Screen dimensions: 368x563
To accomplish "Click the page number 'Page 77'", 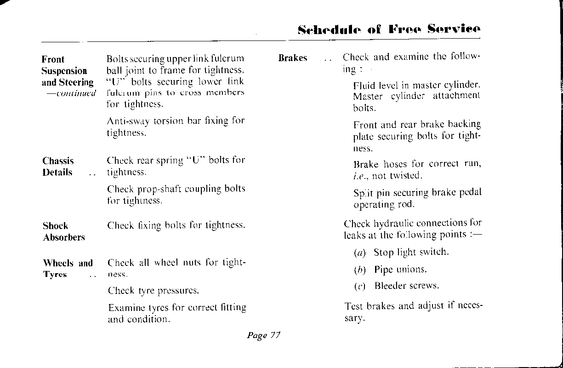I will pos(263,335).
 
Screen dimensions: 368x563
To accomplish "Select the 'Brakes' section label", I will pos(293,58).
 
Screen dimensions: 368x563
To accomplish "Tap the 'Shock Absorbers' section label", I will pos(64,232).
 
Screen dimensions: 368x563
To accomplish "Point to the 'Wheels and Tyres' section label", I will pos(68,269).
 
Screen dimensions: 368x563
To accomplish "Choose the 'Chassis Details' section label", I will pos(58,167).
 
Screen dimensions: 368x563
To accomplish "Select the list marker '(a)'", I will pos(359,253).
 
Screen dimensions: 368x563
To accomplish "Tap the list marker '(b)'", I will pos(359,270).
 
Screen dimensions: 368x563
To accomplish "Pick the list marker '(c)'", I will pos(359,286).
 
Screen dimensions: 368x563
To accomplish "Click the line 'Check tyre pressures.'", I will pos(154,291).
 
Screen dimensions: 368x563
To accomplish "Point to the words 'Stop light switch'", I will pos(411,252).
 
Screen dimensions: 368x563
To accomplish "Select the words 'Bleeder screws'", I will pos(407,286).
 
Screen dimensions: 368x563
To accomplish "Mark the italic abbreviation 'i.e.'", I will pos(361,176).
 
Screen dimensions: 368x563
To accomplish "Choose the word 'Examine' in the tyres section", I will pos(125,307).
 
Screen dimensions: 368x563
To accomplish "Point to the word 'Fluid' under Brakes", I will pos(364,85).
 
